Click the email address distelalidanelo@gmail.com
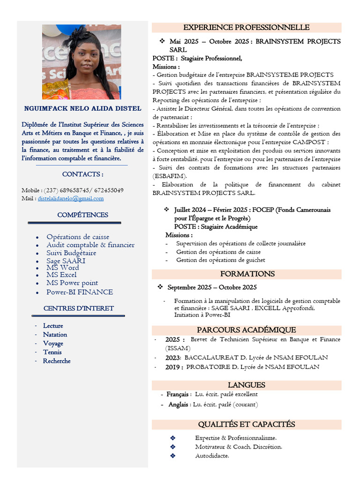tap(71, 199)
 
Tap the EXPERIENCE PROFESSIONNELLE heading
tap(246, 28)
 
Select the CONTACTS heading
tap(82, 174)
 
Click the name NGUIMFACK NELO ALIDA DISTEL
tap(82, 109)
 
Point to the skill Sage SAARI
tap(66, 261)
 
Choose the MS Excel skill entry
tap(61, 275)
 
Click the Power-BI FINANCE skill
tap(80, 292)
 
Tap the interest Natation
tap(55, 335)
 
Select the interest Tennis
tap(52, 352)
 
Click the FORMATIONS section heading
tap(247, 274)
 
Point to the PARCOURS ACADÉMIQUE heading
tap(246, 330)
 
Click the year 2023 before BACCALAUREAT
tap(173, 357)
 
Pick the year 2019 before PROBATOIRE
tap(174, 367)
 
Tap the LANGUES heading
tap(246, 385)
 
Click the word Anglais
tap(179, 405)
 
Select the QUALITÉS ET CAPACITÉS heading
tap(246, 424)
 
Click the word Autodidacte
tap(212, 456)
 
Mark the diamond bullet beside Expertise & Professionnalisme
tap(172, 438)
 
